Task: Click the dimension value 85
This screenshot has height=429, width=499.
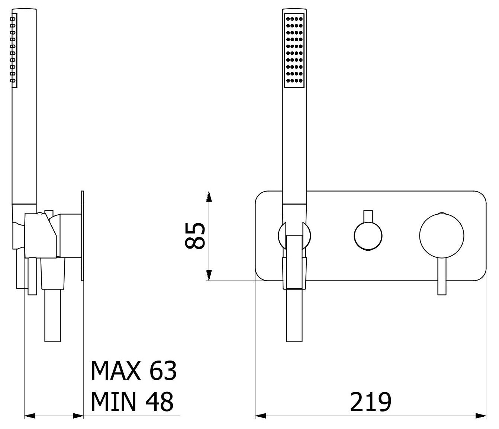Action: [x=195, y=236]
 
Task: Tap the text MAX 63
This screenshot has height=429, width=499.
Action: [x=133, y=371]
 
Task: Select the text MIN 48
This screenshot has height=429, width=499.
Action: [x=132, y=401]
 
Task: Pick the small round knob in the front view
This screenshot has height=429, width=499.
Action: [x=368, y=236]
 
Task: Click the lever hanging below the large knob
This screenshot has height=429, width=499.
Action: [x=442, y=276]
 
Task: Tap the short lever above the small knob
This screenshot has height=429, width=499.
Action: [x=368, y=216]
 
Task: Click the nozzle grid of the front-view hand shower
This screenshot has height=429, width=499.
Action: [x=294, y=51]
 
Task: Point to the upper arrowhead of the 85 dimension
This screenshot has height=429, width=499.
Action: [x=209, y=196]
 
